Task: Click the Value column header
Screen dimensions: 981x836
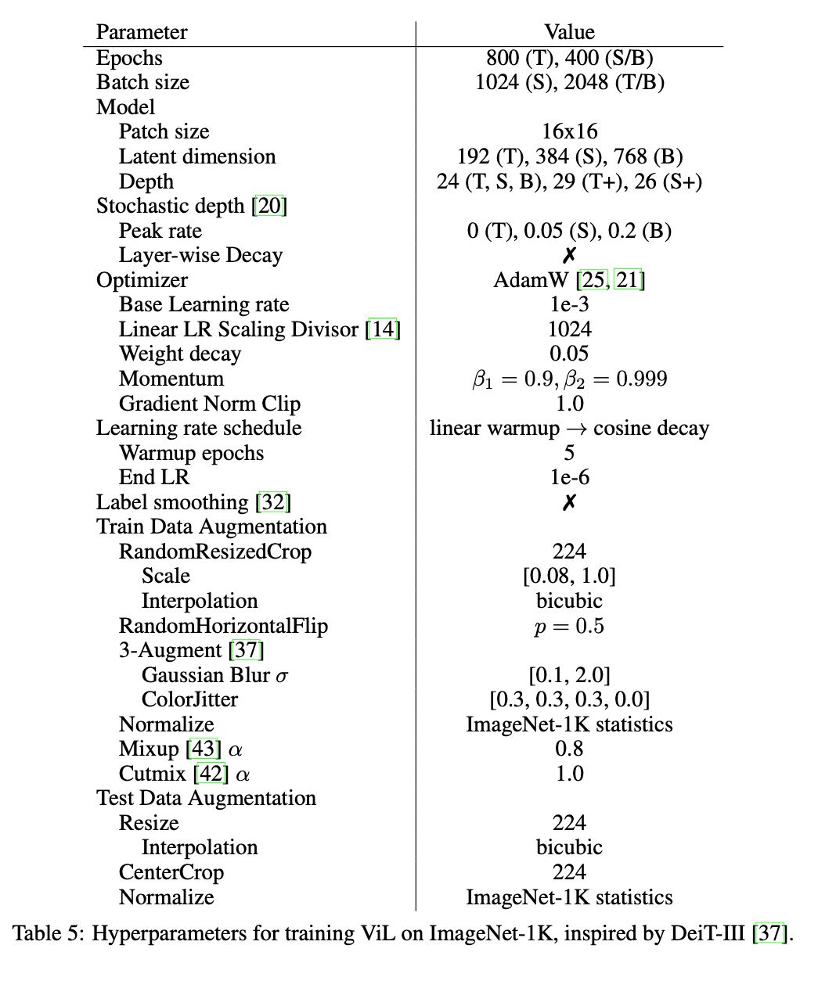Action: (x=569, y=32)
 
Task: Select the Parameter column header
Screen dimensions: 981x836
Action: (x=142, y=32)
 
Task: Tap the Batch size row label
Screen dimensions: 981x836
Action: (x=142, y=82)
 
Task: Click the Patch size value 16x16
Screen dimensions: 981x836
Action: (x=569, y=131)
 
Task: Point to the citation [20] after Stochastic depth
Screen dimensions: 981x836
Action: (x=269, y=206)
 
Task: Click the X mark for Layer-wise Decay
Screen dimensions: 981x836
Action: (x=569, y=255)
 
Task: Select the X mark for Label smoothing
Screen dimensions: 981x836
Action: (x=569, y=502)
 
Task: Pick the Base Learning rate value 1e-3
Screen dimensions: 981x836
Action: (x=569, y=304)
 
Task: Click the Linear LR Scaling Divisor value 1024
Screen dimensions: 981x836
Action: (x=569, y=329)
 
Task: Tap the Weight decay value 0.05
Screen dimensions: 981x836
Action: (x=569, y=354)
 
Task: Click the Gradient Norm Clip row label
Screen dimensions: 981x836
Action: (x=209, y=404)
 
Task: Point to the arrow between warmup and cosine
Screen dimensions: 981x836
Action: (x=576, y=429)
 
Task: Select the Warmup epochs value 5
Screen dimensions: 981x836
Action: (x=569, y=453)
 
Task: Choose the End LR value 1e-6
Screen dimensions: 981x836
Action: (x=569, y=477)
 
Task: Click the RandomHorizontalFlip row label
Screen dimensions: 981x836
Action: (x=223, y=626)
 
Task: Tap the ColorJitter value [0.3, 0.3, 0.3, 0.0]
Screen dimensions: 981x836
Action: (x=569, y=699)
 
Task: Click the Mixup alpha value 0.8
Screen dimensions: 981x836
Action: (x=569, y=749)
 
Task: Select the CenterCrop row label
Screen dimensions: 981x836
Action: (x=171, y=872)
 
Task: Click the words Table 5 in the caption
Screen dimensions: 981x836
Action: (x=48, y=933)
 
